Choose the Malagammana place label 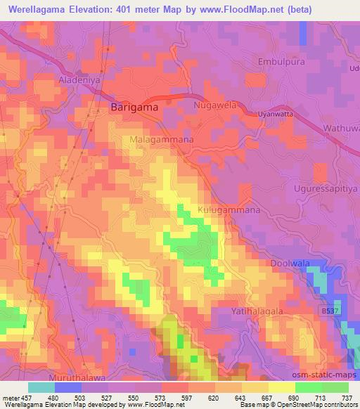(x=162, y=140)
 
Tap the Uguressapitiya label (x=324, y=190)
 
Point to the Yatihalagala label (x=257, y=310)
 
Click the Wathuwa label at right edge (x=340, y=129)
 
